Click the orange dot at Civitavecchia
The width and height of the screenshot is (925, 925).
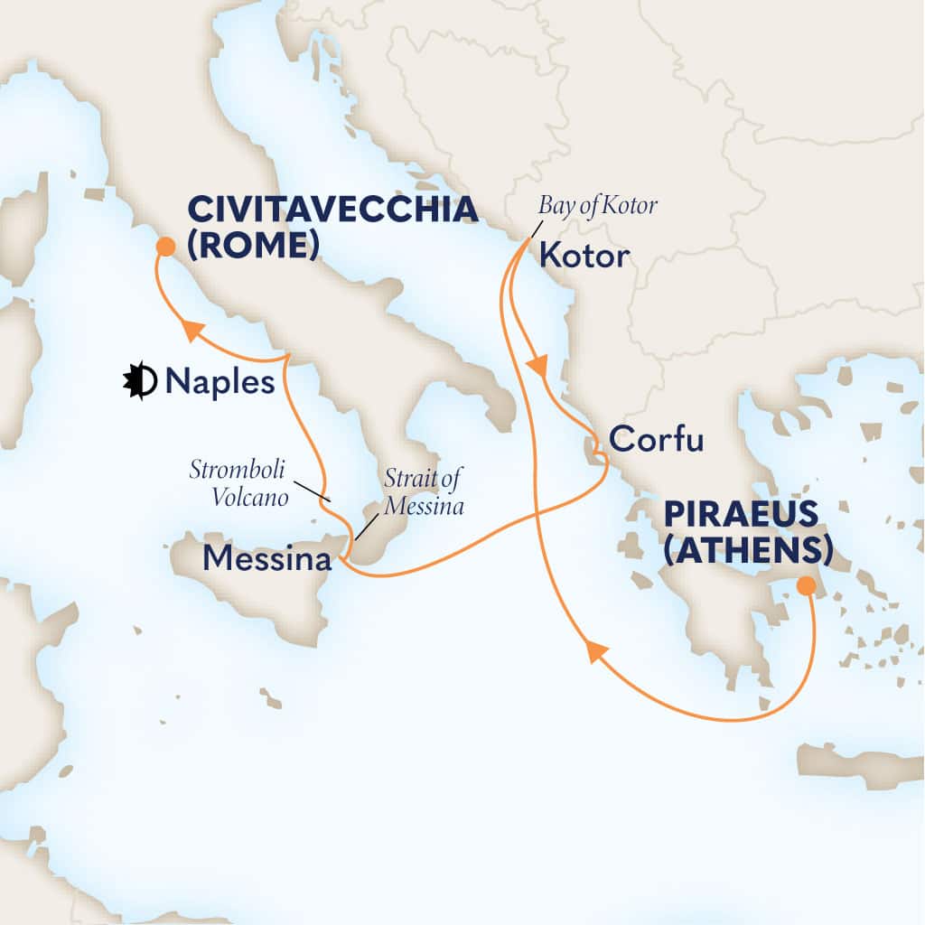click(x=164, y=247)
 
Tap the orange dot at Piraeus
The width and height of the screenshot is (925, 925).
click(x=806, y=588)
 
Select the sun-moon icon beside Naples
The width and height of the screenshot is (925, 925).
click(x=141, y=382)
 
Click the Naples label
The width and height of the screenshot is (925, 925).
click(x=220, y=382)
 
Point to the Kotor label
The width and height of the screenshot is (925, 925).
click(x=583, y=257)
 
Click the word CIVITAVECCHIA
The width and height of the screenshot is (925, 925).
click(x=332, y=210)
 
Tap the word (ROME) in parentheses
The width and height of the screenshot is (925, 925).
click(x=253, y=244)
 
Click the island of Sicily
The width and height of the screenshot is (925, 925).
click(x=262, y=601)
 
